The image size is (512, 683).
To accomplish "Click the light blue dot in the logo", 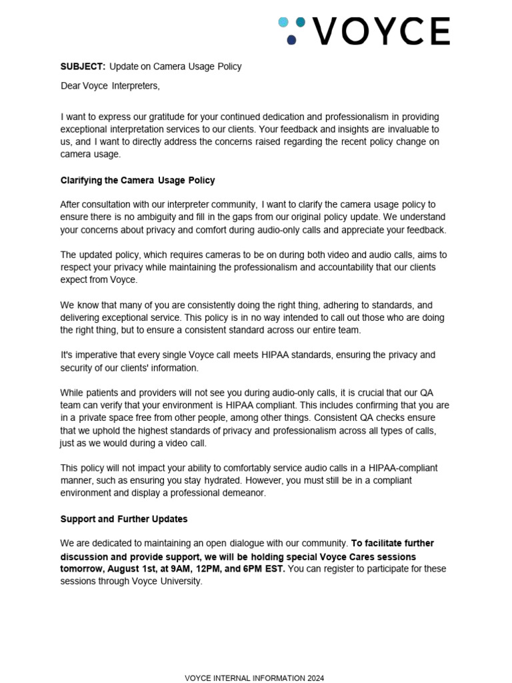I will tap(283, 23).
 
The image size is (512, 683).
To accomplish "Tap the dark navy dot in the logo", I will tap(291, 40).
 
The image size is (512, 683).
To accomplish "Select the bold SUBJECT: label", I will tap(83, 67).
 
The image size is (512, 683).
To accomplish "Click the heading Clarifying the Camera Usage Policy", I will tap(137, 180).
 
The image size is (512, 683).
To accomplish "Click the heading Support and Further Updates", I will tap(123, 518).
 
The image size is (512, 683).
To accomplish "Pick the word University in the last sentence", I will tap(179, 581).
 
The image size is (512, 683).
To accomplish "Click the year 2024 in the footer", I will tap(315, 678).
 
